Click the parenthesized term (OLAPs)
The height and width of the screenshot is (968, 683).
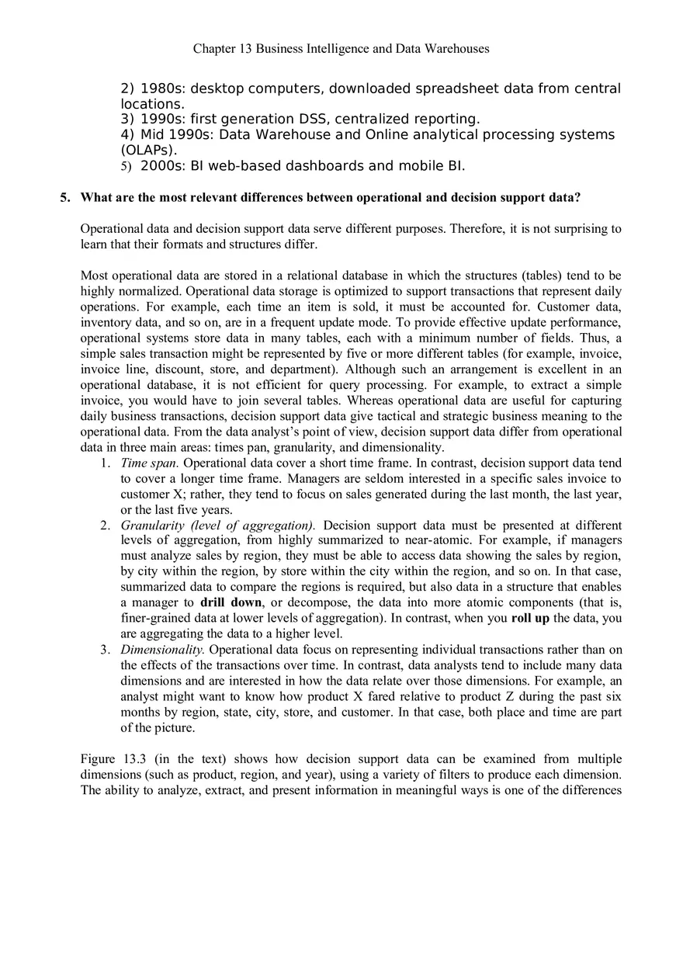click(x=149, y=150)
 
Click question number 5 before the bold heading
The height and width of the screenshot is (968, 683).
click(x=65, y=197)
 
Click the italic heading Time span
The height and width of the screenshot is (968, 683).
click(x=150, y=463)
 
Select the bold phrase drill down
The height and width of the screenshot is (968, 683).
click(x=231, y=602)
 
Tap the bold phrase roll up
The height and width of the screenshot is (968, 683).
click(x=531, y=618)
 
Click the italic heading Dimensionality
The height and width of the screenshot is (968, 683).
click(x=162, y=649)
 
